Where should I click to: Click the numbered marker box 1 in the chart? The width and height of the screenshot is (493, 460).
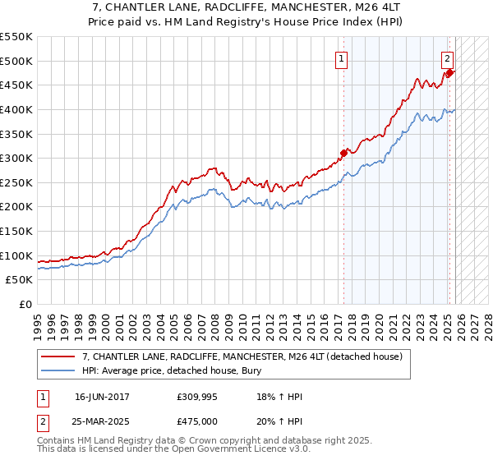[x=341, y=58]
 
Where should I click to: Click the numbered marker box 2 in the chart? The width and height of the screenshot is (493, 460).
[x=447, y=58]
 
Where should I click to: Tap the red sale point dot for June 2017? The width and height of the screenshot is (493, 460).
[x=343, y=152]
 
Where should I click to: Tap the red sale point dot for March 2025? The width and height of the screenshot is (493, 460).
[x=449, y=72]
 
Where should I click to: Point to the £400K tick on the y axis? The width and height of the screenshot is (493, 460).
[x=17, y=109]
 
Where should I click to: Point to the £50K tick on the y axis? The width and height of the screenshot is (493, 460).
[x=21, y=280]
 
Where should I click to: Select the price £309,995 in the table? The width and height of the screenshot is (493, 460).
[x=201, y=397]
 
